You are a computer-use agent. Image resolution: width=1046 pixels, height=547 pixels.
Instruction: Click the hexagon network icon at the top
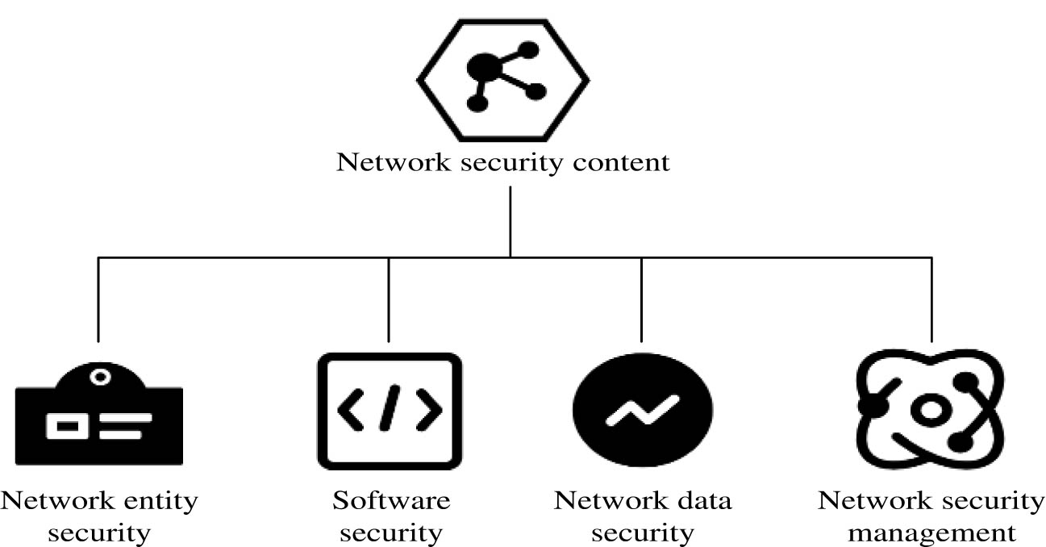(502, 79)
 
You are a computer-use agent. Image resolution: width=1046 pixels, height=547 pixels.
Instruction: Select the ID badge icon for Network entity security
(99, 415)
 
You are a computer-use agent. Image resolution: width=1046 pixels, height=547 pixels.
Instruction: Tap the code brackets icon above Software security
(390, 411)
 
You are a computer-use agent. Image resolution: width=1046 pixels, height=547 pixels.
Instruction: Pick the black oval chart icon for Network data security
(642, 411)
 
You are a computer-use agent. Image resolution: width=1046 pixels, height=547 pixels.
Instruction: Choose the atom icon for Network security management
(929, 411)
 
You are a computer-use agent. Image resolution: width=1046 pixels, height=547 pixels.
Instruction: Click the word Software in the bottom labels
(391, 501)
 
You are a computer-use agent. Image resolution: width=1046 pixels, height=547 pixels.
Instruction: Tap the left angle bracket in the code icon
(351, 411)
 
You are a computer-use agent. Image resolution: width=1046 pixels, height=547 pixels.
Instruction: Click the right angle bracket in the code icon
(428, 411)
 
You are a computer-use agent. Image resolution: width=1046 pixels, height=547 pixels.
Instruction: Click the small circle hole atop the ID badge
(99, 377)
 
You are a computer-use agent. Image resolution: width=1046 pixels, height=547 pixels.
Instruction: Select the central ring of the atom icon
(931, 411)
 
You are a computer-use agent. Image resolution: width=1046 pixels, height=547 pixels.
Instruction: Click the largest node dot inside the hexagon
(482, 65)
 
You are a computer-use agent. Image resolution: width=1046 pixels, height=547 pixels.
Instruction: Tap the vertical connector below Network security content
(510, 222)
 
